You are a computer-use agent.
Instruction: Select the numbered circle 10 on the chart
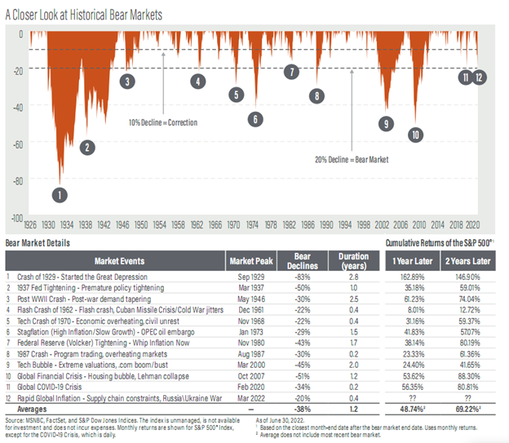pos(416,135)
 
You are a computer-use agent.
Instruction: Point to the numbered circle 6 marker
pos(255,119)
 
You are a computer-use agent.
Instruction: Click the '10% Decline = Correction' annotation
pos(163,122)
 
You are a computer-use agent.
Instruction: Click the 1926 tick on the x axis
pos(30,224)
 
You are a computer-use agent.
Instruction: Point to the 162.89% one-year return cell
pos(412,277)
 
